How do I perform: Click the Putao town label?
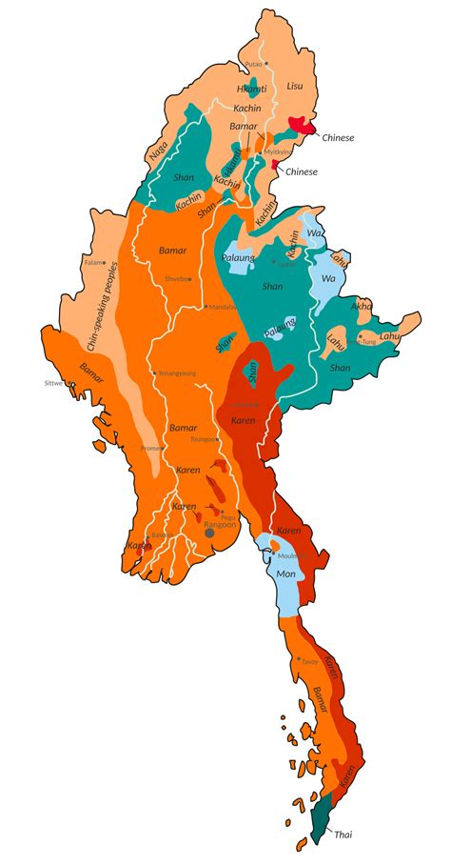[x=253, y=64]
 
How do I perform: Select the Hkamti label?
[x=251, y=89]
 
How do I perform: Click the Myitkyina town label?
[x=276, y=151]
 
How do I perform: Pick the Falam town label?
[x=93, y=262]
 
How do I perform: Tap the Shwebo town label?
[x=176, y=279]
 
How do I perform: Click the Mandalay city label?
[x=223, y=308]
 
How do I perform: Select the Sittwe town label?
[x=52, y=383]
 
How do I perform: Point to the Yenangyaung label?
[x=176, y=373]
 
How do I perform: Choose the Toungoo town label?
[x=204, y=440]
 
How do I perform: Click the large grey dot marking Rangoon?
[x=209, y=533]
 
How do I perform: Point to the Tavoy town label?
[x=309, y=661]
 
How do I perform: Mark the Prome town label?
[x=151, y=448]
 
